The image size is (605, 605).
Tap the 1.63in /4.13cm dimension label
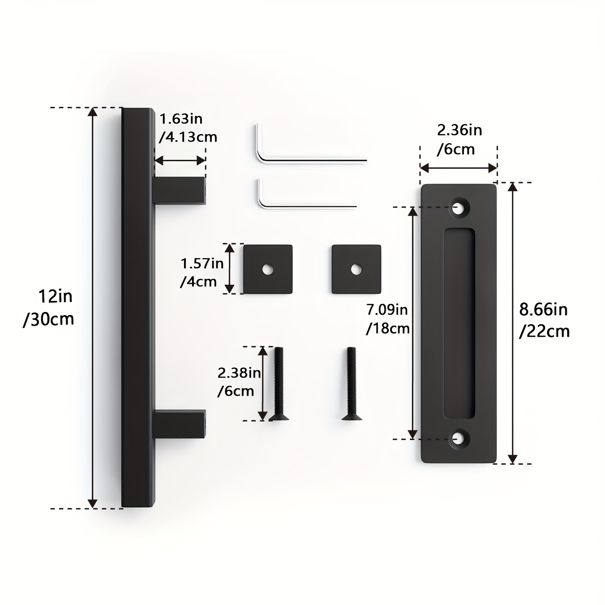click(x=188, y=128)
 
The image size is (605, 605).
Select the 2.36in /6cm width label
click(x=459, y=140)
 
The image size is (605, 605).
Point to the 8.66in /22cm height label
click(x=544, y=321)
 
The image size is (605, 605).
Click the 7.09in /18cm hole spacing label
click(x=388, y=319)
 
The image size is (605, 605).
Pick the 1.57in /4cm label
click(x=202, y=273)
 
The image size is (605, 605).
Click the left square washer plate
click(x=268, y=269)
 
